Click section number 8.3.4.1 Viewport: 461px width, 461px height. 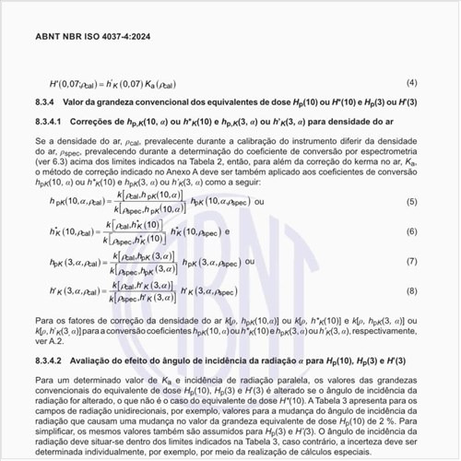pyautogui.click(x=48, y=121)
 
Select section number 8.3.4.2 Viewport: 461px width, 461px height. pyautogui.click(x=48, y=359)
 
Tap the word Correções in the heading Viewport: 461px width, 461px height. pyautogui.click(x=97, y=121)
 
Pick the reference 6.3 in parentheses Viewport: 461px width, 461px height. pyautogui.click(x=58, y=160)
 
